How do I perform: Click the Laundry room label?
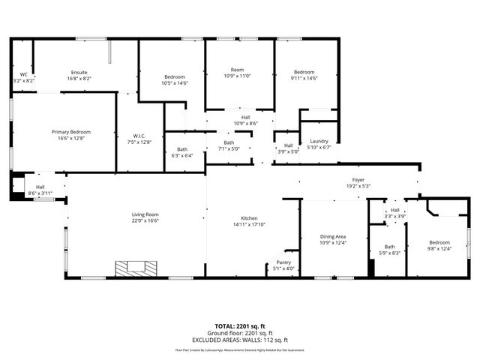(x=318, y=144)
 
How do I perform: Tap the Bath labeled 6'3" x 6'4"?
(x=182, y=153)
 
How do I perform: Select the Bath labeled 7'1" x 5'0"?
(x=229, y=145)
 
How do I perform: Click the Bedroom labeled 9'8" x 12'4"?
(x=439, y=245)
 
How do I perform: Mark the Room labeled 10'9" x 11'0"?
(x=237, y=73)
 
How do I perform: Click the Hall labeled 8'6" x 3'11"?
(x=40, y=190)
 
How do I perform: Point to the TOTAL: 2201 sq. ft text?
(x=240, y=327)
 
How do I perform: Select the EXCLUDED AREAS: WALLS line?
(x=240, y=340)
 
